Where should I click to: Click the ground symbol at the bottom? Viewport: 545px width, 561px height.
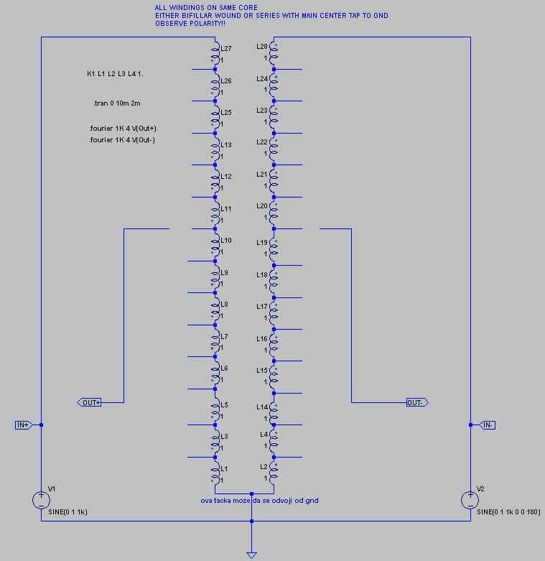pos(251,555)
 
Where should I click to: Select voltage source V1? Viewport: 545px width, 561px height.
pos(41,500)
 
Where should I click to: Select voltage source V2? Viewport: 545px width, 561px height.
pos(470,500)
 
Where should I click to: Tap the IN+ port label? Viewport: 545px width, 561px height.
pos(23,425)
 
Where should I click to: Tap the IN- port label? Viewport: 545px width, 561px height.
pos(488,425)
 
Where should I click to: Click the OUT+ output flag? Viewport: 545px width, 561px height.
pos(90,402)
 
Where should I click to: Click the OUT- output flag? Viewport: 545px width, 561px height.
pos(417,402)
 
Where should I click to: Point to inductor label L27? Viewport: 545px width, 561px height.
pos(226,49)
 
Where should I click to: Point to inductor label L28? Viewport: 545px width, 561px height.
pos(262,47)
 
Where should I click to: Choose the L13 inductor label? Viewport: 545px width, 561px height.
pos(226,145)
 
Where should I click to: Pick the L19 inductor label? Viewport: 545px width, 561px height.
pos(262,243)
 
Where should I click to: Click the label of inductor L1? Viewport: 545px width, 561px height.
pos(224,468)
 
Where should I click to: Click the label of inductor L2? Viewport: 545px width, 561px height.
pos(264,467)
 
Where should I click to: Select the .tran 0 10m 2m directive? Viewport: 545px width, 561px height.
pos(116,103)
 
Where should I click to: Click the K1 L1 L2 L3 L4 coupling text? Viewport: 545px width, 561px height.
pos(115,74)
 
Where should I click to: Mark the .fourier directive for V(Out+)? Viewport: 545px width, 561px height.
pos(123,129)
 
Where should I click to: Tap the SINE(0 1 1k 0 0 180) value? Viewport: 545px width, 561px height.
pos(508,512)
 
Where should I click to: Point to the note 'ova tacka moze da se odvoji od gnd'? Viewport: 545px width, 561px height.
pos(259,501)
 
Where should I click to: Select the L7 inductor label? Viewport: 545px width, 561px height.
pos(224,337)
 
